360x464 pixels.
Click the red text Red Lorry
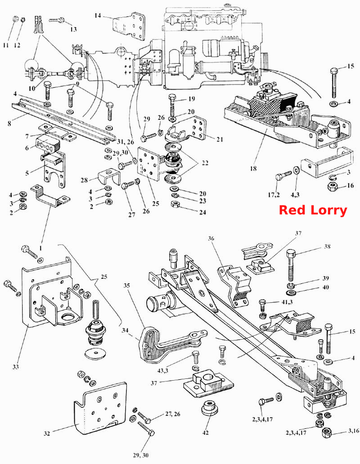tap(313, 210)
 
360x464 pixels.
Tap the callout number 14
tap(98, 15)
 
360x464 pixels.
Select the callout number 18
tap(253, 168)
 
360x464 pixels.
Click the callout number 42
tap(205, 432)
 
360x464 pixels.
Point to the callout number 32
tap(47, 433)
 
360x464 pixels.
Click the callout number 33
tap(16, 367)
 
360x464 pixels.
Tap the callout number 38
tap(327, 246)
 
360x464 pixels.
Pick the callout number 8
tap(9, 123)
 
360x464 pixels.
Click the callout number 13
tap(73, 29)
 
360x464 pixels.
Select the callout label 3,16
tap(354, 431)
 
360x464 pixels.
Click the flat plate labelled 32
tap(100, 409)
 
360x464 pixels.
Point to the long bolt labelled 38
tap(291, 265)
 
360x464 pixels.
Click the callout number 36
tap(211, 238)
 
